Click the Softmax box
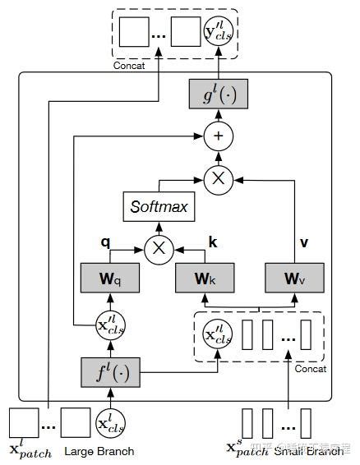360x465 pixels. tap(159, 206)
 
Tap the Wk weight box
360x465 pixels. tap(205, 278)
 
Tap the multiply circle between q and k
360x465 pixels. tap(158, 247)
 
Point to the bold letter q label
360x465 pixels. tap(105, 243)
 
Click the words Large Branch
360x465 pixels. tap(101, 451)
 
